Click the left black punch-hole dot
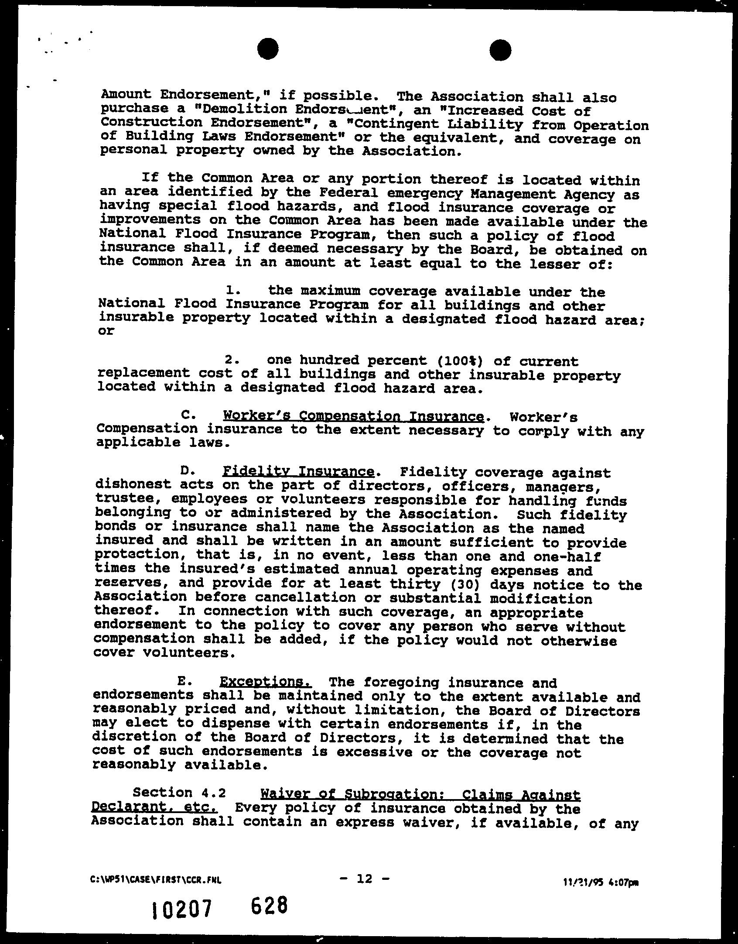[267, 48]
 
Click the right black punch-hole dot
[500, 50]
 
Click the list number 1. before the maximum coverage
[233, 290]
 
